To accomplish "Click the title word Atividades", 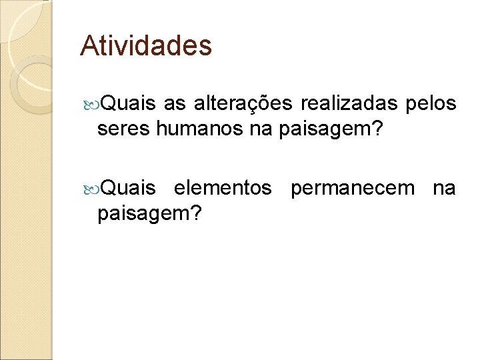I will point(146,46).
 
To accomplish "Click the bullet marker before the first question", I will point(92,104).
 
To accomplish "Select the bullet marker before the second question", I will point(92,189).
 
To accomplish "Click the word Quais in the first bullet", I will point(130,104).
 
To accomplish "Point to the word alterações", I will point(243,104).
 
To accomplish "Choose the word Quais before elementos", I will point(130,189).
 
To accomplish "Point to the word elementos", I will point(223,189).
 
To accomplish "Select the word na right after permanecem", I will point(445,189).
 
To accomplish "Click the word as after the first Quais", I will point(175,104).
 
